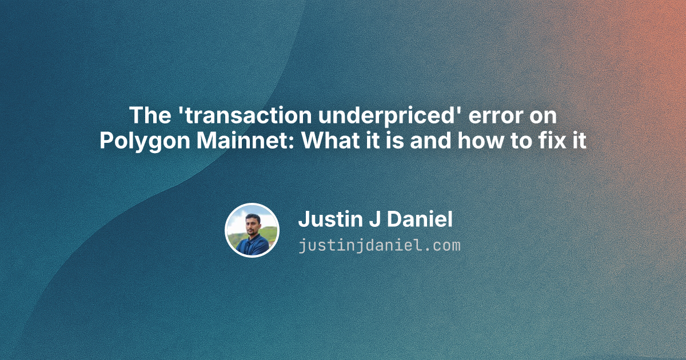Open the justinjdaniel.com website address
[x=379, y=246]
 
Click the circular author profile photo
[x=252, y=230]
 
